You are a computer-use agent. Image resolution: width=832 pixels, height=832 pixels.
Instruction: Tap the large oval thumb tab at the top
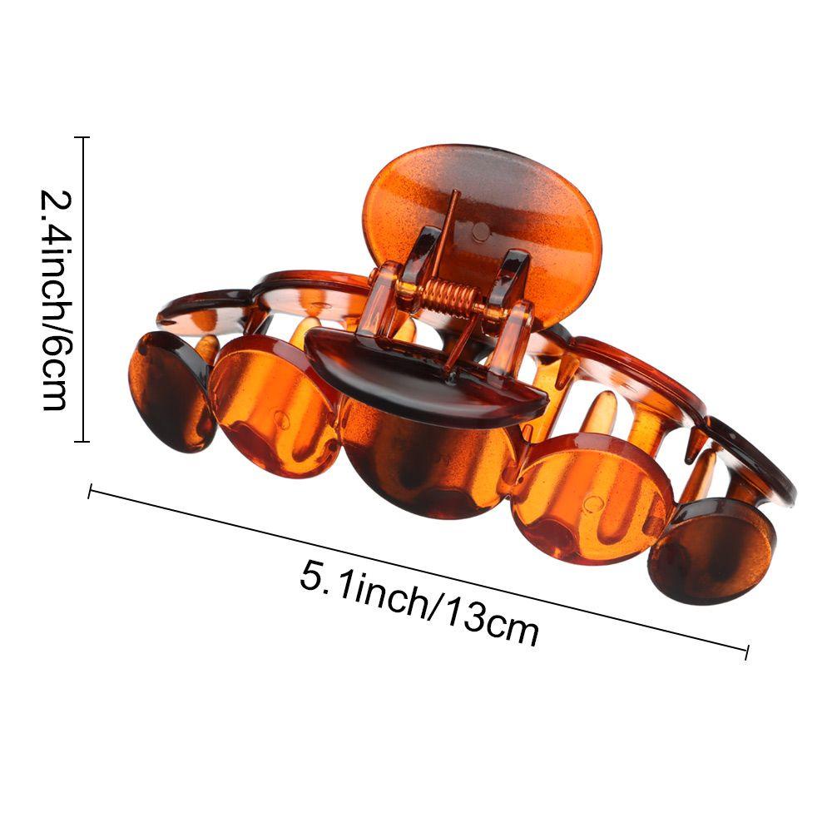(x=483, y=223)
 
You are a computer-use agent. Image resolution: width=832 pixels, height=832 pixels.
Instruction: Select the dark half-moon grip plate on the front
(x=424, y=374)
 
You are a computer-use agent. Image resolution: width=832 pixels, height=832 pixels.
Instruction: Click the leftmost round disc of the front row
(x=171, y=392)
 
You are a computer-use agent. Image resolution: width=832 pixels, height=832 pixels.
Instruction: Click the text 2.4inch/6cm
(x=55, y=300)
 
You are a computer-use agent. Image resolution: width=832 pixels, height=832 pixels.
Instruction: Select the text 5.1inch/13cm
(x=419, y=603)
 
